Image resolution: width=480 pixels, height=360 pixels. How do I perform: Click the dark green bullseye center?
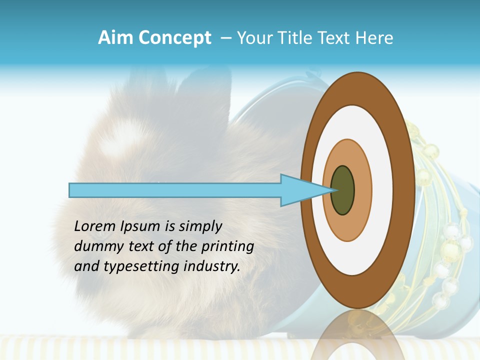pyautogui.click(x=343, y=190)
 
